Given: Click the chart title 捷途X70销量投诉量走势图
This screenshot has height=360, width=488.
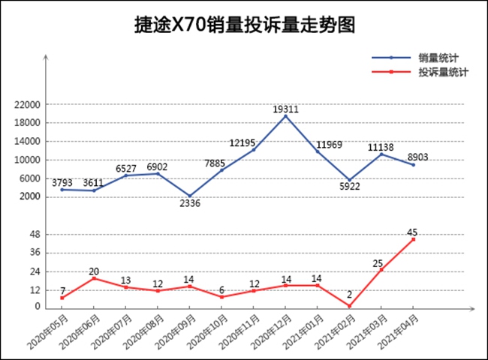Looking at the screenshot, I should coord(243,25).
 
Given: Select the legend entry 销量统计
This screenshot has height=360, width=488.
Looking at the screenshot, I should coord(439,58).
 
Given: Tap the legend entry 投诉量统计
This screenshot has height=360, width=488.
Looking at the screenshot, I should coord(444,72).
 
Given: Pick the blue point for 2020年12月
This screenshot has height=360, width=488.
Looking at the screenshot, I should coord(285,116).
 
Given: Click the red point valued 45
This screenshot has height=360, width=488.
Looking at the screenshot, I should coord(413,239).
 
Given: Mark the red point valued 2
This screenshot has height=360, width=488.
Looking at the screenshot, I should coord(349,305).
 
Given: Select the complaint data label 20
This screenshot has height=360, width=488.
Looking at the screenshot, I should coord(94,271).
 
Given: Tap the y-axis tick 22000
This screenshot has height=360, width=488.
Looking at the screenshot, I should coord(28,105).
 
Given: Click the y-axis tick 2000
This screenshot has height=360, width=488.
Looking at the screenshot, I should coord(30,197).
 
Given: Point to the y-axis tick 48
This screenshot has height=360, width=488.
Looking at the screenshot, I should coord(35,235).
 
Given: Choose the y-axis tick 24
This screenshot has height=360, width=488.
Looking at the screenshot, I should coord(35,271).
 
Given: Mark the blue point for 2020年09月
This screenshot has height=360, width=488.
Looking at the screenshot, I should coord(190,196).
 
